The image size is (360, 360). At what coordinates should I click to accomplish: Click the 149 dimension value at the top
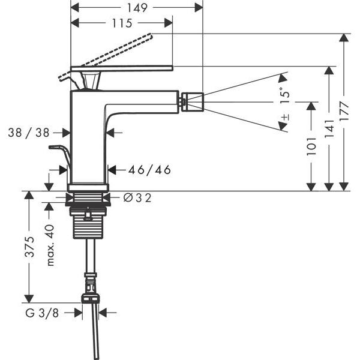tap(138, 7)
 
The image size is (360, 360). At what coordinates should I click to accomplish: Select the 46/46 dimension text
tap(149, 170)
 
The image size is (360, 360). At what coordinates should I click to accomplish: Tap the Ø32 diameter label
tap(137, 198)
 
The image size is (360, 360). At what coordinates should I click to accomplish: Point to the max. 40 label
tap(50, 245)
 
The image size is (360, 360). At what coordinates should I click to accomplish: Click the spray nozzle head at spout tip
tap(191, 101)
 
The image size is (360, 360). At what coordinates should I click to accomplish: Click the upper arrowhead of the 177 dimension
tap(343, 38)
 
